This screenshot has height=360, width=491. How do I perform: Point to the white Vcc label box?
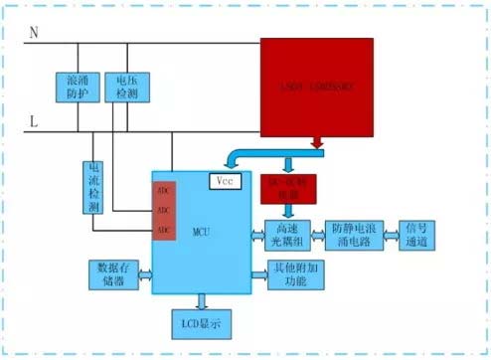pos(226,181)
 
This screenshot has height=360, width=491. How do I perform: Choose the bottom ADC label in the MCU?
pos(164,230)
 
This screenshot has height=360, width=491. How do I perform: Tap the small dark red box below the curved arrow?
pos(287,187)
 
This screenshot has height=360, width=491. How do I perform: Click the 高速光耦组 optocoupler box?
pos(286,236)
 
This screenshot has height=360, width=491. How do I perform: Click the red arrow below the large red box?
pos(318,145)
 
